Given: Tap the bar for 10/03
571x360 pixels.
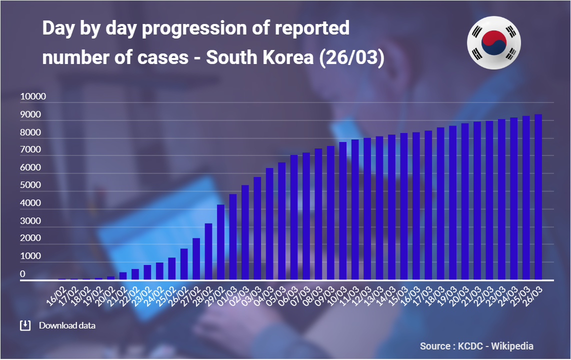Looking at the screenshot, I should coord(342,210).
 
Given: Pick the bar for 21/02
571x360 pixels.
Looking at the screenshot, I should coord(123,276).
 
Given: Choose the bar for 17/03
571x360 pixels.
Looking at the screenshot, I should coord(428,205).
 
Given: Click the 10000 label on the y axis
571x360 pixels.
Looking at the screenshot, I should coord(33,96).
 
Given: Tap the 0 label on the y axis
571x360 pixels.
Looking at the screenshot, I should coord(23,274).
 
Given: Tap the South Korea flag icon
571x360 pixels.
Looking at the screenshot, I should coord(493,42).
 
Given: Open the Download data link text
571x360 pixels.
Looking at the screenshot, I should coord(67,325).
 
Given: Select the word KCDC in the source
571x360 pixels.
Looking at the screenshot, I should coord(470,346).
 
